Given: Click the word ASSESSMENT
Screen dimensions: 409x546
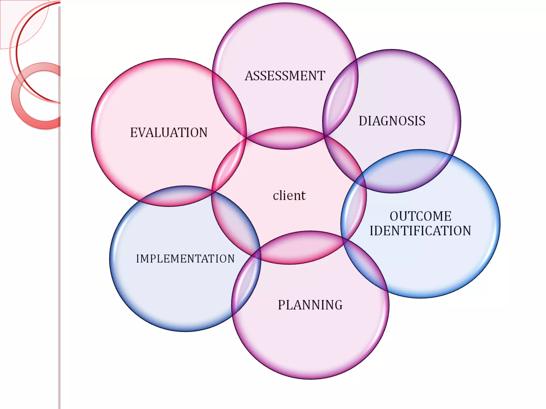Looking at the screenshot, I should [285, 76].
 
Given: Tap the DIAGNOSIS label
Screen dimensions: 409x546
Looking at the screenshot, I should [392, 121].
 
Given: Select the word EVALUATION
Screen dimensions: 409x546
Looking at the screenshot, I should [169, 133].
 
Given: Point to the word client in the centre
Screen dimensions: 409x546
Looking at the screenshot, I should [289, 196].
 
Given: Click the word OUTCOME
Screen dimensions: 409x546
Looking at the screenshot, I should [420, 216].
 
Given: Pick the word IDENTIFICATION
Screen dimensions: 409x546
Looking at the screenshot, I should [420, 231].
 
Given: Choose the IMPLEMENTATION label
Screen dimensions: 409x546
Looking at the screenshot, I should [185, 259].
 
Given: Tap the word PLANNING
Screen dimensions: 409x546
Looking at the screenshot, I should [310, 305].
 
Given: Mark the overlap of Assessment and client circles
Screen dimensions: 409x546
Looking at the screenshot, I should [285, 138].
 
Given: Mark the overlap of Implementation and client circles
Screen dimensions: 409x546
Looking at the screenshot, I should [236, 224].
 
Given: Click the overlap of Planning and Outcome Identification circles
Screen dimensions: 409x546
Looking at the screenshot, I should [365, 264].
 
